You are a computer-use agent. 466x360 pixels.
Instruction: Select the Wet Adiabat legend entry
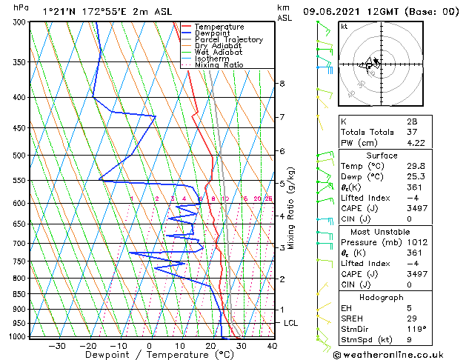pyautogui.click(x=220, y=52)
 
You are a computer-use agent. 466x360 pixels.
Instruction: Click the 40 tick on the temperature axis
pyautogui.click(x=272, y=346)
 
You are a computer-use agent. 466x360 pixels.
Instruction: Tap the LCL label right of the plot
pyautogui.click(x=291, y=324)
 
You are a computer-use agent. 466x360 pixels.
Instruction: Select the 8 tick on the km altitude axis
pyautogui.click(x=282, y=84)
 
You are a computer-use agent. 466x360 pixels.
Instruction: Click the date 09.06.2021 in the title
pyautogui.click(x=333, y=12)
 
